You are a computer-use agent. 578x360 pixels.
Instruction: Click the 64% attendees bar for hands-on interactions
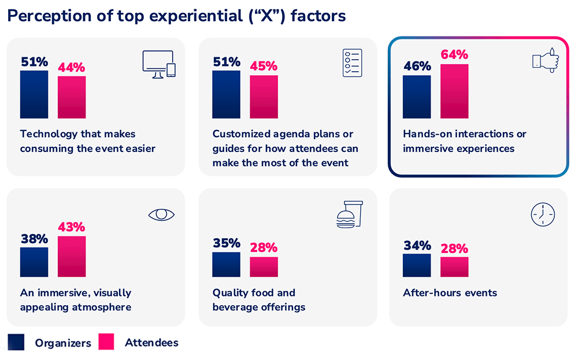pos(454,91)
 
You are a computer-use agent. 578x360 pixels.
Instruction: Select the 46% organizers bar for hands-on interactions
pos(417,97)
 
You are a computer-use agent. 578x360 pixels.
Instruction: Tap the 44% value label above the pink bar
pos(72,67)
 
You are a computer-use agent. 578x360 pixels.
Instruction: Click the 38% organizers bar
pos(34,262)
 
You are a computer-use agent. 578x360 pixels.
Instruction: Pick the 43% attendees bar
pos(72,257)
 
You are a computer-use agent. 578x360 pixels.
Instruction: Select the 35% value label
pos(226,243)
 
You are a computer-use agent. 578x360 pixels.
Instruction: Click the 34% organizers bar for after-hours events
pos(417,265)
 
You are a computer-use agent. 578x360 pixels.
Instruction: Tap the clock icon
pos(542,215)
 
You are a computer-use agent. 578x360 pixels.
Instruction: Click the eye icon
pos(161,215)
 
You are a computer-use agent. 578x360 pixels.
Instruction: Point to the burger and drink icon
pos(350,214)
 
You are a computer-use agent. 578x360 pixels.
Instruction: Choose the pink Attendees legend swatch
pos(107,342)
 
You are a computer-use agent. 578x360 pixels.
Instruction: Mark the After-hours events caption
pos(450,292)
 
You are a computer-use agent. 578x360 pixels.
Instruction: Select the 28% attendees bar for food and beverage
pos(264,267)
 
